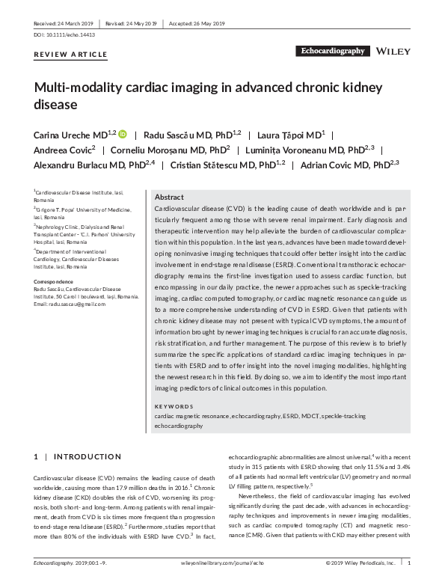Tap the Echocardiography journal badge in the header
(x=332, y=52)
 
